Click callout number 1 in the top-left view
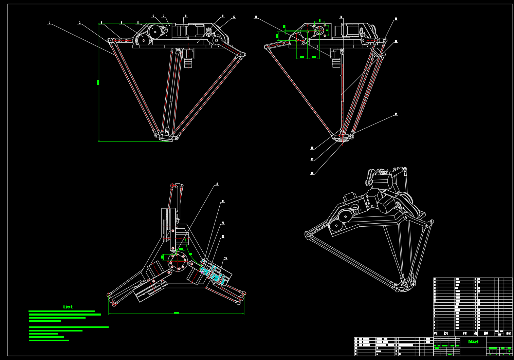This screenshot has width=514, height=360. click(x=50, y=23)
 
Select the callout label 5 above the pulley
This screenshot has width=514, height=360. click(x=138, y=23)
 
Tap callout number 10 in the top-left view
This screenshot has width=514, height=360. click(x=234, y=17)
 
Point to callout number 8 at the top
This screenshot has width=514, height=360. click(x=186, y=16)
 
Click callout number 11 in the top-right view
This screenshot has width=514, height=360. click(x=256, y=17)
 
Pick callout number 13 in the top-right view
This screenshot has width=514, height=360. click(x=396, y=19)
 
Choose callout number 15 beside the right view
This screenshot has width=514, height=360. click(x=396, y=114)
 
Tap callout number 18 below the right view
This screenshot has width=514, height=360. click(x=312, y=173)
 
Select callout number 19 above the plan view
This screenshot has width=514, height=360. click(x=217, y=184)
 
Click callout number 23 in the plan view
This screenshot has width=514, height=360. click(x=225, y=259)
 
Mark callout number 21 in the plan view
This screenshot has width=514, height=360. click(x=223, y=223)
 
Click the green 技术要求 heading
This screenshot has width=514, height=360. click(x=68, y=307)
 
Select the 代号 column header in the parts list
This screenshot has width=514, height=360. click(x=446, y=334)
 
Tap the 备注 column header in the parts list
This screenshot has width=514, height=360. click(x=508, y=334)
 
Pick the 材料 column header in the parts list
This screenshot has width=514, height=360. click(x=486, y=334)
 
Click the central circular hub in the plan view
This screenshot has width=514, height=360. click(x=178, y=261)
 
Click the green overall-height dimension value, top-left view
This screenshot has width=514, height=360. click(x=98, y=82)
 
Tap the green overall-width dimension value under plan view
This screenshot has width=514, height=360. click(x=177, y=312)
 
